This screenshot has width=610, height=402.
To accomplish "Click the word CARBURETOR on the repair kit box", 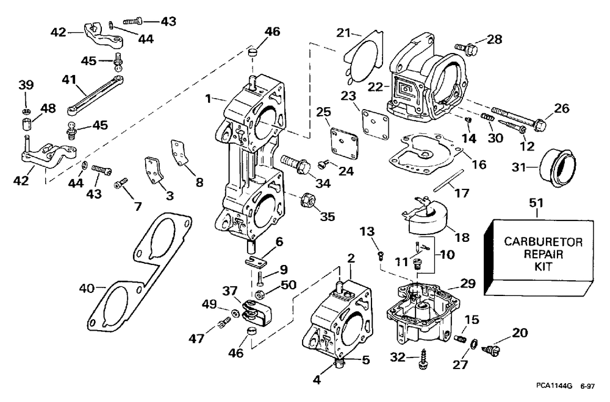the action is click(x=543, y=242).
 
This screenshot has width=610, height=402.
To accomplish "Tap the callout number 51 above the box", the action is click(x=537, y=203).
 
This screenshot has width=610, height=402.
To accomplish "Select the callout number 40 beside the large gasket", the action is click(x=87, y=288).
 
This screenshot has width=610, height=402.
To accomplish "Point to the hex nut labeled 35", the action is click(x=307, y=200).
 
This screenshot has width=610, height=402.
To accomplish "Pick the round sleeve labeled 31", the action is click(x=557, y=167).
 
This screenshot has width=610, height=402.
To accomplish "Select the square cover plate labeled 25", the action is click(x=343, y=142).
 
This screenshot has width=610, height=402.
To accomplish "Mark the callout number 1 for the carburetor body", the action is click(x=209, y=99).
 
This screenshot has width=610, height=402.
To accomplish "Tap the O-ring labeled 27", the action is click(x=473, y=344).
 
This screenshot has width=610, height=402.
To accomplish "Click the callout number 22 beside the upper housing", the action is click(x=375, y=86).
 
